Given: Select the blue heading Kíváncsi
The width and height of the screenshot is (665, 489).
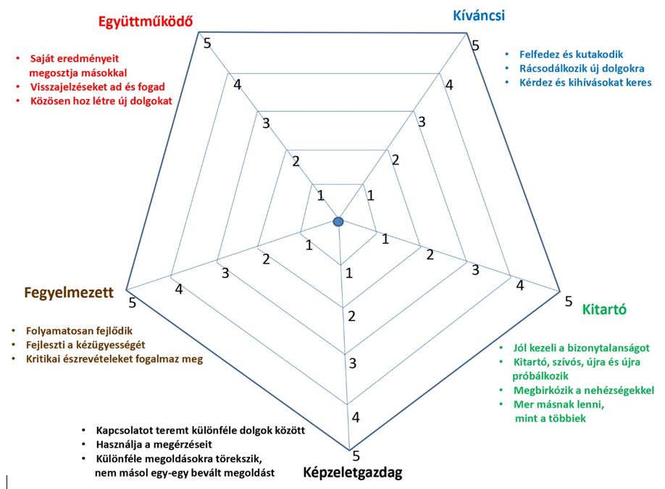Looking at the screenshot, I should click(x=479, y=15).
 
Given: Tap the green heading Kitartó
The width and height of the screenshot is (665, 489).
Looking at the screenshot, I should click(x=604, y=309).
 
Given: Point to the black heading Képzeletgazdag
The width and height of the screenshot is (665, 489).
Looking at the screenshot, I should click(x=352, y=473).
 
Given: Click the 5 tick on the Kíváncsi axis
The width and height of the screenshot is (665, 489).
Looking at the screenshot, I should click(x=475, y=46).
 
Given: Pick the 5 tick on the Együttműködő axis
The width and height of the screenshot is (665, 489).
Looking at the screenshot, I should click(x=208, y=43).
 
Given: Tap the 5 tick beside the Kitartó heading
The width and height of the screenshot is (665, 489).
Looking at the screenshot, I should click(x=569, y=301).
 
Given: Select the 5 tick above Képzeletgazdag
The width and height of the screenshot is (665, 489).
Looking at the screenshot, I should click(x=356, y=456).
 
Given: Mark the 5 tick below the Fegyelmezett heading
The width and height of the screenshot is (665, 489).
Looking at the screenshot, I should click(x=132, y=302).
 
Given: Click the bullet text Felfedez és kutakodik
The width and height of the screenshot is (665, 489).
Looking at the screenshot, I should click(x=572, y=54).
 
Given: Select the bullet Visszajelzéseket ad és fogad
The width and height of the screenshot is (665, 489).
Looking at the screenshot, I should click(x=97, y=87).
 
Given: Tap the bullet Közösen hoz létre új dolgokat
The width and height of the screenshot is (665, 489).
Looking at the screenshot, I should click(x=101, y=101).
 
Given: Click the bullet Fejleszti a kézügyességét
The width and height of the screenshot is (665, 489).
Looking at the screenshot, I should click(x=86, y=344).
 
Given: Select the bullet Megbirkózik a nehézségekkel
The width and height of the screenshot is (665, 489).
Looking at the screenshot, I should click(x=583, y=390).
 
